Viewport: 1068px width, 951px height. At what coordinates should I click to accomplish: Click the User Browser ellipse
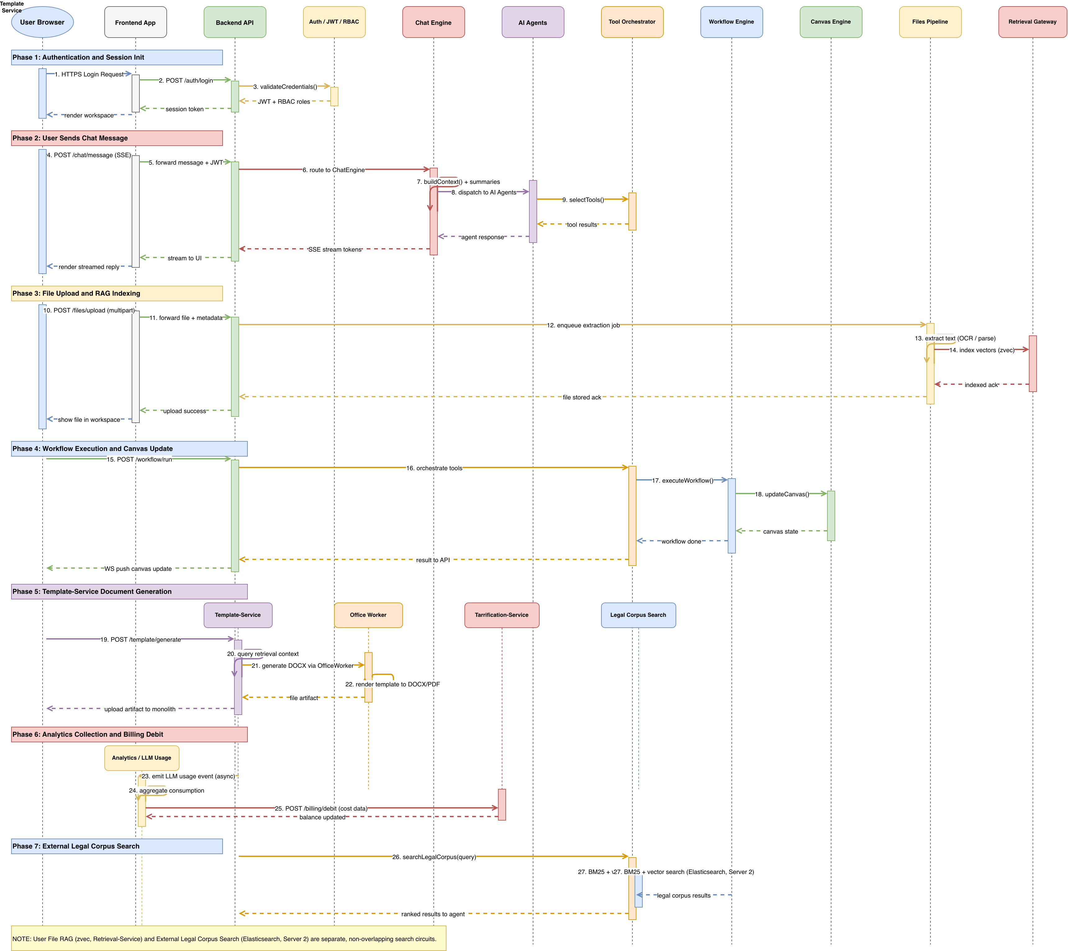point(42,22)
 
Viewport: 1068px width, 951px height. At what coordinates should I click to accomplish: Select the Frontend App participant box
point(135,22)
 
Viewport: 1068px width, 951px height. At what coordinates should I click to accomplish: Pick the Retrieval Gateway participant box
point(1033,22)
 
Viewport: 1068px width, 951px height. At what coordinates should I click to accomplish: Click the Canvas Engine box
point(831,22)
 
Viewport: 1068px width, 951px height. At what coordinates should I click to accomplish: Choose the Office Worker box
point(368,615)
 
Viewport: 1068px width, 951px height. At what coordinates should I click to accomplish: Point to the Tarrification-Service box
point(502,615)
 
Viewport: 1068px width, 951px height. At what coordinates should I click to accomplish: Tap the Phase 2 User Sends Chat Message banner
point(117,138)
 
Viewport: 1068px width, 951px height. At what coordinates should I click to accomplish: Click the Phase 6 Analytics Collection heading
point(129,734)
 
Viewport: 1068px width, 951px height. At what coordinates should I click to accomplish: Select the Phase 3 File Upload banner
point(117,293)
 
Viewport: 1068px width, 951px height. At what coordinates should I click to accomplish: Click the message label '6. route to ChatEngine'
point(334,170)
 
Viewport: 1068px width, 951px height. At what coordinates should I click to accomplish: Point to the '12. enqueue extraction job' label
point(583,325)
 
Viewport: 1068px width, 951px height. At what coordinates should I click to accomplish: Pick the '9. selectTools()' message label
point(583,200)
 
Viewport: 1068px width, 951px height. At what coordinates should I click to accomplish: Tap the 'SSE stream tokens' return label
point(335,249)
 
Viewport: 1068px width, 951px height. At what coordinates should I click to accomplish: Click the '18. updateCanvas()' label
point(782,494)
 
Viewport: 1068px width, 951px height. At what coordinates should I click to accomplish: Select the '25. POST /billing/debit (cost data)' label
point(321,808)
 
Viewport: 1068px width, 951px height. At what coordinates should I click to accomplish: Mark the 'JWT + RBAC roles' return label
point(284,102)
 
